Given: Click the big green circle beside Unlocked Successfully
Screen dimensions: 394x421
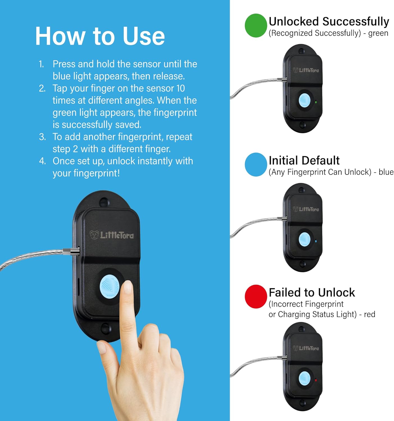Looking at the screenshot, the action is pyautogui.click(x=256, y=26).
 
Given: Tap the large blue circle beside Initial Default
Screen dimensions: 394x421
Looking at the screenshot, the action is pyautogui.click(x=256, y=164).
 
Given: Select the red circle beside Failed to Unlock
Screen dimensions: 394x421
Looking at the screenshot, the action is pyautogui.click(x=256, y=297).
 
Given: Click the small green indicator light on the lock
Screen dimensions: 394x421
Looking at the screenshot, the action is pyautogui.click(x=316, y=102).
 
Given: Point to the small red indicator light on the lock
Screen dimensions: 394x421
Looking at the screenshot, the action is pyautogui.click(x=316, y=380).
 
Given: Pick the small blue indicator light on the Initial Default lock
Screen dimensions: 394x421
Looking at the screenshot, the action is pyautogui.click(x=316, y=241).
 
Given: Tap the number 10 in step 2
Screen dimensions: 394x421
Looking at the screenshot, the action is pyautogui.click(x=181, y=88).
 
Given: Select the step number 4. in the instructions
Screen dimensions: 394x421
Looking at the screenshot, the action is pyautogui.click(x=42, y=161).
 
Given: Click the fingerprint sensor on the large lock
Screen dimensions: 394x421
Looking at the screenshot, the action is pyautogui.click(x=110, y=287).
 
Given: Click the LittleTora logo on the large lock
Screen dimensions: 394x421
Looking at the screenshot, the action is pyautogui.click(x=112, y=235).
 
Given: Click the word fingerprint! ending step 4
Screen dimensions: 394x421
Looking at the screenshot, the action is pyautogui.click(x=97, y=173).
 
